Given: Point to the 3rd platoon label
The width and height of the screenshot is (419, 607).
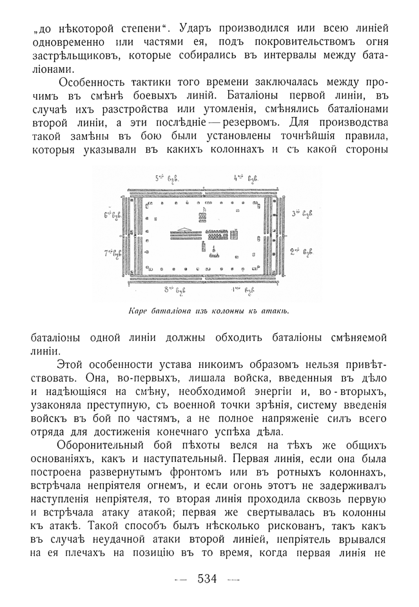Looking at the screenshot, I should (302, 213).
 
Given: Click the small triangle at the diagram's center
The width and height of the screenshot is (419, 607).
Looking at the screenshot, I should (187, 229).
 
